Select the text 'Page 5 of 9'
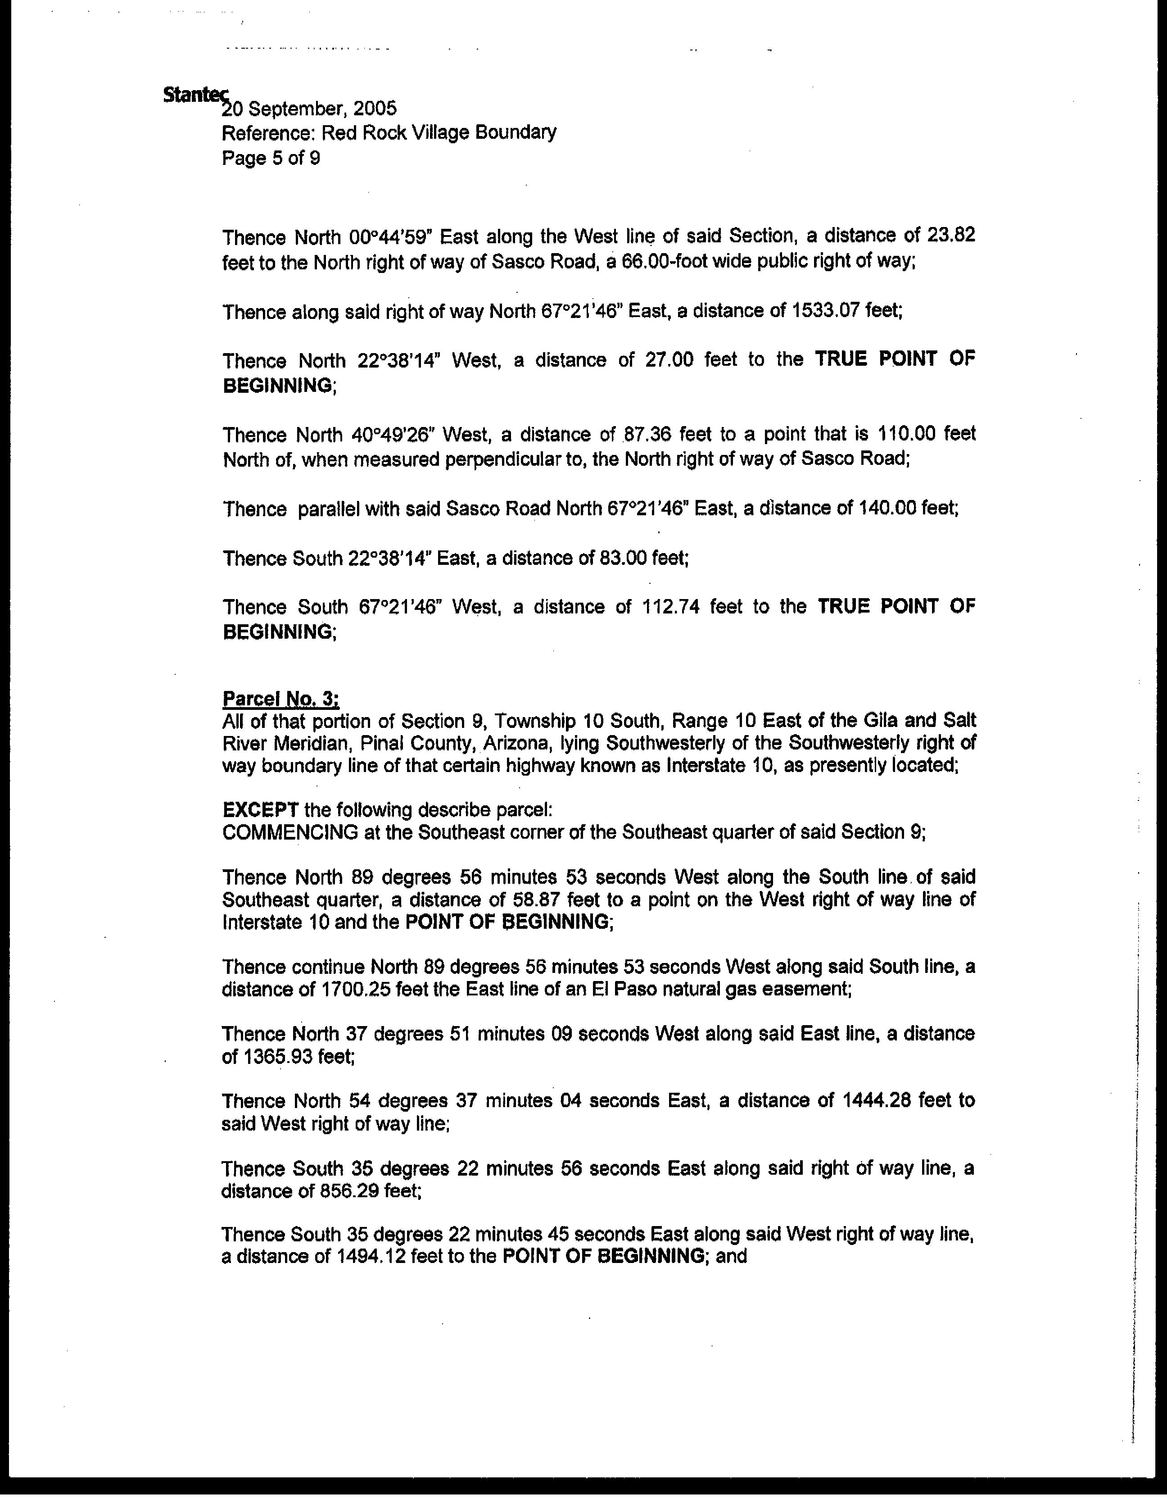click(x=271, y=159)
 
